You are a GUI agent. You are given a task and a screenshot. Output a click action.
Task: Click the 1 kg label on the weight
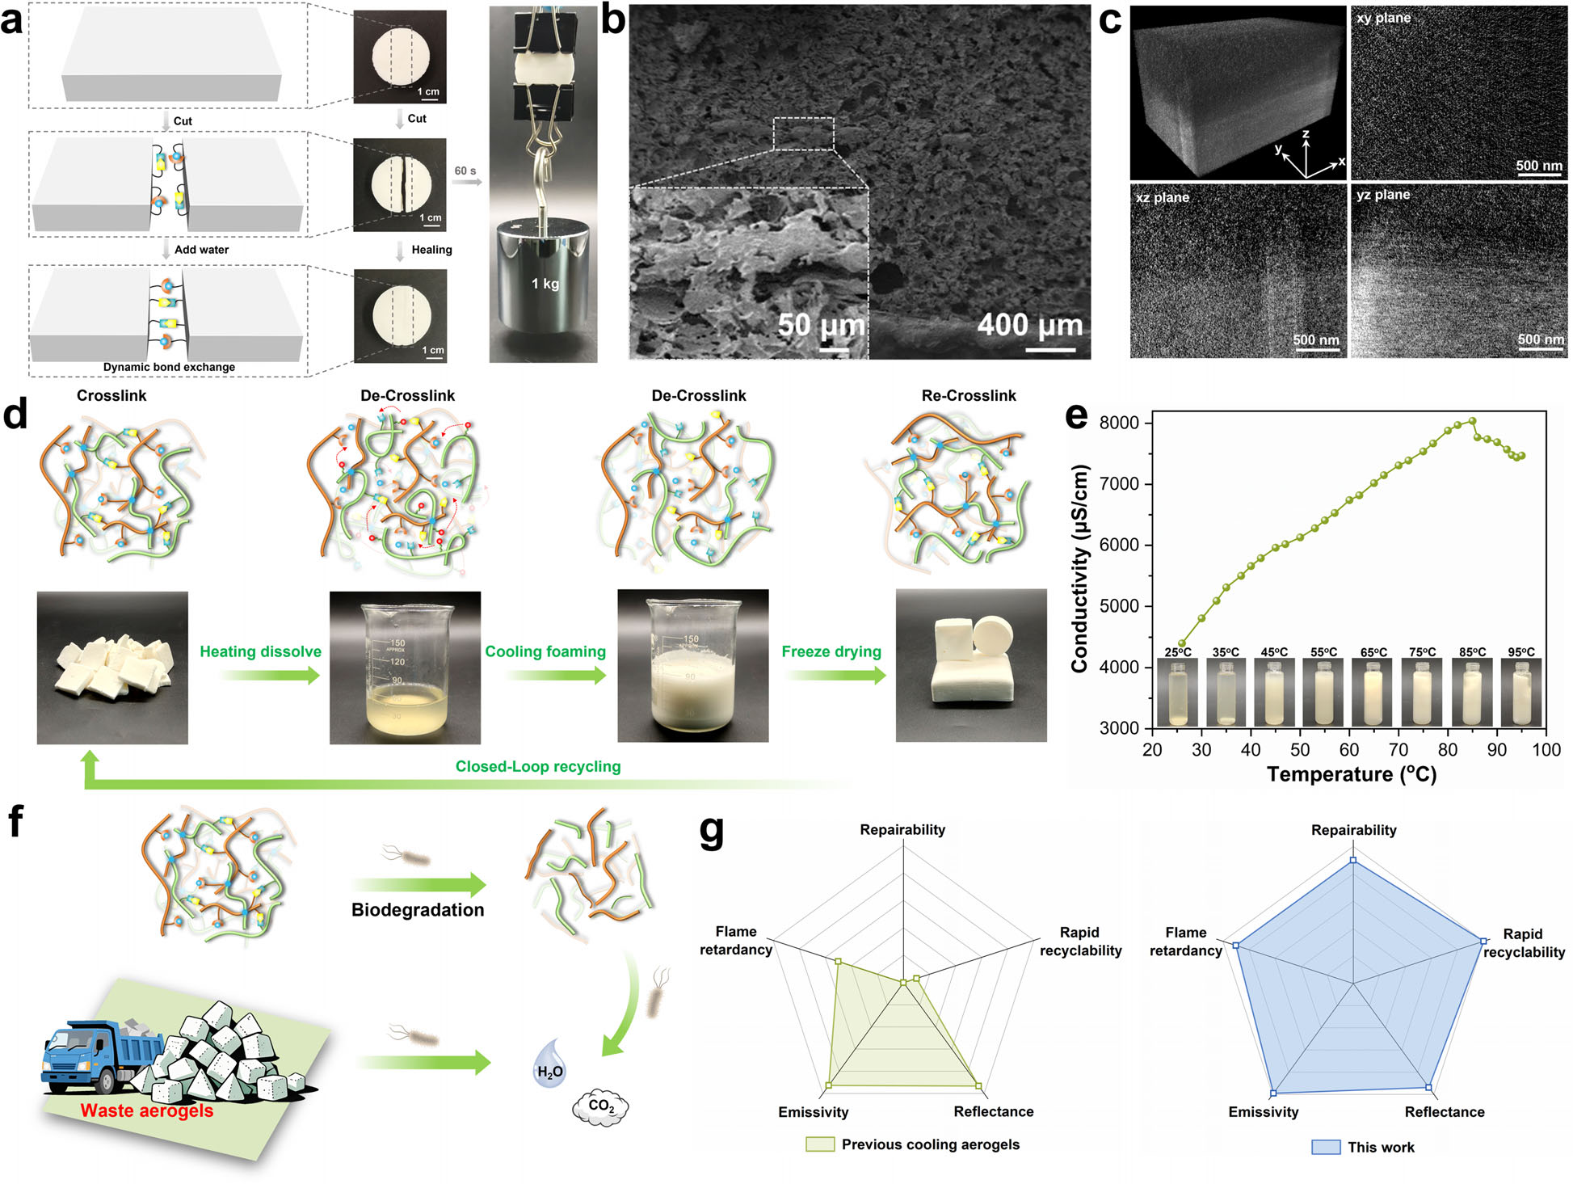point(545,284)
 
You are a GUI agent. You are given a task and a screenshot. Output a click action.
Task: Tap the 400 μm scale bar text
point(1029,325)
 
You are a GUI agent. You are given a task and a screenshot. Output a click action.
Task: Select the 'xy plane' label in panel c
point(1383,18)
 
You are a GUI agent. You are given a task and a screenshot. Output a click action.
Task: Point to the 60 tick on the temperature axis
point(1349,750)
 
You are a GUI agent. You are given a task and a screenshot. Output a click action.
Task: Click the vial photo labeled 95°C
point(1521,693)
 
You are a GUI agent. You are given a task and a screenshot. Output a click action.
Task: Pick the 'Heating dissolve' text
point(260,651)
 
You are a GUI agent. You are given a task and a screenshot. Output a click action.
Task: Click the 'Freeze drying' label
point(831,651)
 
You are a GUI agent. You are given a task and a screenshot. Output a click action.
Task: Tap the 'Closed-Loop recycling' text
point(538,766)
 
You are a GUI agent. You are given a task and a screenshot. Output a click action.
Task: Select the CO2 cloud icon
point(600,1106)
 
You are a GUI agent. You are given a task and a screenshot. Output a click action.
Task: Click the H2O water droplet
point(549,1064)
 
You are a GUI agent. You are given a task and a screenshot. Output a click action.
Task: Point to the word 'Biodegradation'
point(418,910)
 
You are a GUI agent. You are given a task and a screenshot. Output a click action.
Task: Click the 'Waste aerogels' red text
point(147,1110)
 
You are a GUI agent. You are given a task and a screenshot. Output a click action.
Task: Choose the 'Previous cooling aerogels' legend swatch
point(819,1144)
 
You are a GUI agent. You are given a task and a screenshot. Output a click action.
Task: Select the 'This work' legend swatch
point(1326,1147)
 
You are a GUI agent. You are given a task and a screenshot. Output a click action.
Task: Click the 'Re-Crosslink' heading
point(969,395)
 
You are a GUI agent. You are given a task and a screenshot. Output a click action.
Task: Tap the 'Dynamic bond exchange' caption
point(169,367)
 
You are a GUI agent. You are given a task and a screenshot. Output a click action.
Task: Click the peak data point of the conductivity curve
point(1473,420)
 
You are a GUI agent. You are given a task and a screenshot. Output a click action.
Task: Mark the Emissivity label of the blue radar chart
point(1264,1112)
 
